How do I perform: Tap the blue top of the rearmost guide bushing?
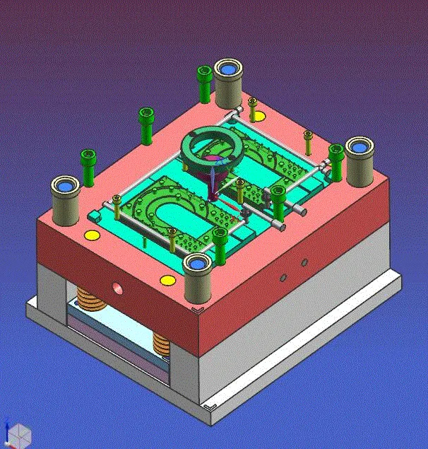pos(227,69)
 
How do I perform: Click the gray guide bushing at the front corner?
pos(197,279)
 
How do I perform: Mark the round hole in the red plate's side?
pos(117,288)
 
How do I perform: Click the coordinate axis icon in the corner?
pos(16,433)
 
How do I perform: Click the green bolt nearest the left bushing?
pos(88,167)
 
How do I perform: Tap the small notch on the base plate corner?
pos(209,409)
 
